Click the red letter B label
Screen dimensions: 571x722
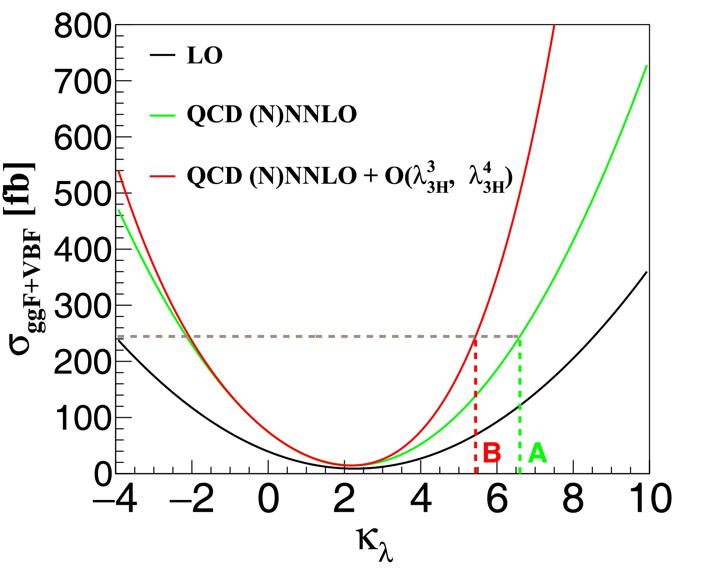pyautogui.click(x=491, y=453)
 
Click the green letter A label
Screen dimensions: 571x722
pyautogui.click(x=537, y=453)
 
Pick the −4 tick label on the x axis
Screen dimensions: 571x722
pyautogui.click(x=115, y=499)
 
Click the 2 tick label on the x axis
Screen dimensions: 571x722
pyautogui.click(x=344, y=499)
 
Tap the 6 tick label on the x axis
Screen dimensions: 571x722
pyautogui.click(x=497, y=499)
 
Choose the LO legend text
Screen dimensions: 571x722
pyautogui.click(x=205, y=56)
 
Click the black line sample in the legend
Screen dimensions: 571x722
pyautogui.click(x=162, y=55)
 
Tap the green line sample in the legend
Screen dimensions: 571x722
pyautogui.click(x=162, y=115)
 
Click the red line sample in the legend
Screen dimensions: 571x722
pyautogui.click(x=162, y=176)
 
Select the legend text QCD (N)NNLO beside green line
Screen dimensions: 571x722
pyautogui.click(x=271, y=115)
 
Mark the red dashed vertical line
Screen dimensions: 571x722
pyautogui.click(x=475, y=405)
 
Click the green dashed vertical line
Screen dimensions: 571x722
pyautogui.click(x=520, y=405)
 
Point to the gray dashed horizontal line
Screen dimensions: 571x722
pyautogui.click(x=305, y=336)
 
